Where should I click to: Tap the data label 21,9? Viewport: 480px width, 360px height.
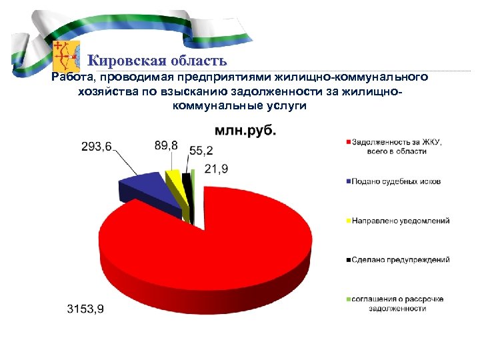pyautogui.click(x=216, y=169)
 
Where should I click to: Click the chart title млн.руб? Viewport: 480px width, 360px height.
pyautogui.click(x=244, y=131)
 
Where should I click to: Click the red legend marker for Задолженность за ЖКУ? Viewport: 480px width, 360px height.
pyautogui.click(x=347, y=142)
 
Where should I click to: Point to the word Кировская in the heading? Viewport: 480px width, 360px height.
pyautogui.click(x=123, y=61)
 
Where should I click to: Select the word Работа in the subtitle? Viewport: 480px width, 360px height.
pyautogui.click(x=69, y=78)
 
